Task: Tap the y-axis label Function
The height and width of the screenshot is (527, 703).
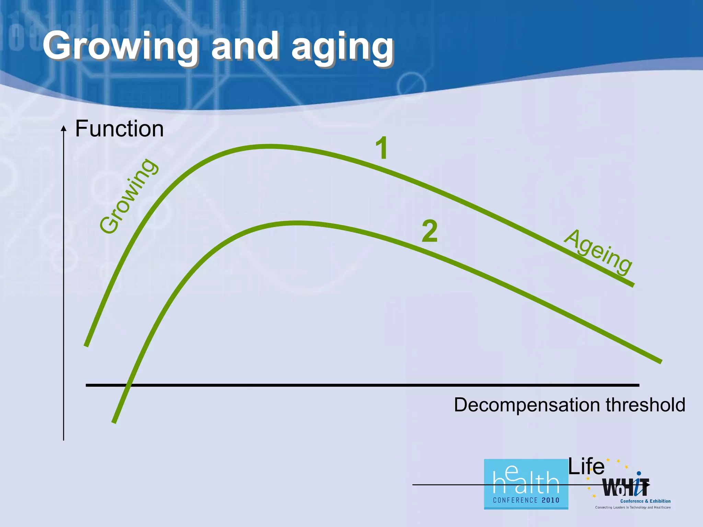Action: click(119, 129)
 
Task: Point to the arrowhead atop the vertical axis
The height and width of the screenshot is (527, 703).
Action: click(64, 128)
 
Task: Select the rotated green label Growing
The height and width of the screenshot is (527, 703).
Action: click(129, 196)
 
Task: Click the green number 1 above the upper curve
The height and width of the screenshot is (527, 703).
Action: click(382, 148)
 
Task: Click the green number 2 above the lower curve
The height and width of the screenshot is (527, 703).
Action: click(430, 231)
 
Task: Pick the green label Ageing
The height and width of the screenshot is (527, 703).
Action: click(598, 252)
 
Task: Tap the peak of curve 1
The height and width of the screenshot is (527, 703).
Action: click(269, 147)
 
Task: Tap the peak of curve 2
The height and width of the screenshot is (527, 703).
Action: click(297, 223)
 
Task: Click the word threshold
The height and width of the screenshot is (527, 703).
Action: click(645, 405)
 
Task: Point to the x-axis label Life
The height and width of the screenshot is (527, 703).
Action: click(586, 467)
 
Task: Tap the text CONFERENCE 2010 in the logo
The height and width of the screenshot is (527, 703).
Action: click(526, 500)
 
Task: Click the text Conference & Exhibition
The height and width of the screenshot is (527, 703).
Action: click(645, 501)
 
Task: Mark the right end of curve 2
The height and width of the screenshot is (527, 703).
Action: click(660, 361)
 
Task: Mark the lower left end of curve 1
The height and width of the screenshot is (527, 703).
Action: click(87, 346)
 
